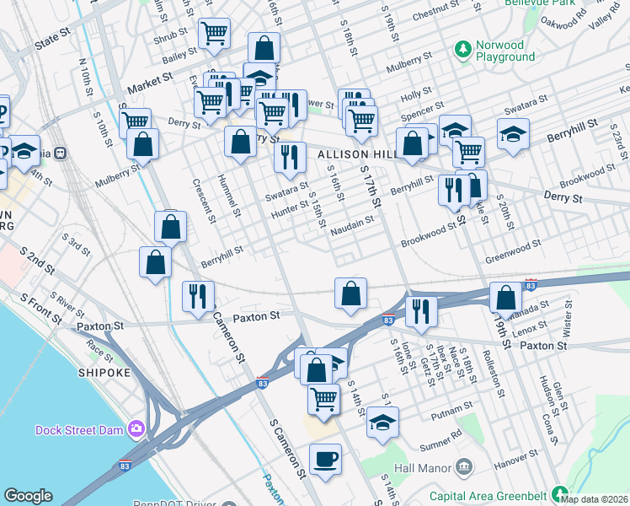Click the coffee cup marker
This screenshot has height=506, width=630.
click(x=325, y=460)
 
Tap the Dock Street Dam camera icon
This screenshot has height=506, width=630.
click(x=136, y=430)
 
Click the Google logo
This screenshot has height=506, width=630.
click(x=28, y=495)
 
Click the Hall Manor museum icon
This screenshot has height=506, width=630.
click(x=464, y=467)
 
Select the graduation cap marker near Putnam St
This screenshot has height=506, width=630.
click(x=382, y=422)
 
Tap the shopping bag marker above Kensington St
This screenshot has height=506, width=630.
click(x=505, y=297)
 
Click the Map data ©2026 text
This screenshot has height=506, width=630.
click(x=595, y=499)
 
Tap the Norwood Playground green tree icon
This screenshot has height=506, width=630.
click(x=462, y=51)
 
